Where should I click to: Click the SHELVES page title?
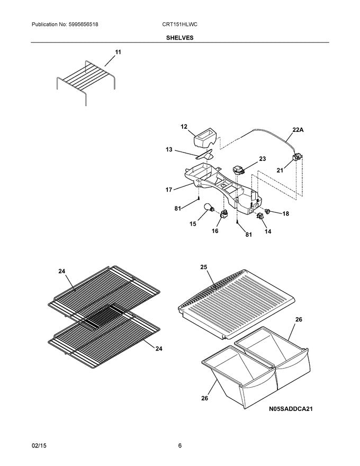point(180,38)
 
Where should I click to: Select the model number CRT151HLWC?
point(180,25)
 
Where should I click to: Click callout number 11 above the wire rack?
point(118,52)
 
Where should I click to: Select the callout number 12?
point(184,127)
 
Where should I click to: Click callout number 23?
point(263,159)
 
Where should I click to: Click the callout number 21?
point(280,171)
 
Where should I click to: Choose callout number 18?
point(285,213)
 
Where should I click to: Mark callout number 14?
point(267,231)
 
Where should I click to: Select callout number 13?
point(169,150)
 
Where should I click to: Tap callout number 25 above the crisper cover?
point(204,267)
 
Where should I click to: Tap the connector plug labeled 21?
point(297,158)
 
